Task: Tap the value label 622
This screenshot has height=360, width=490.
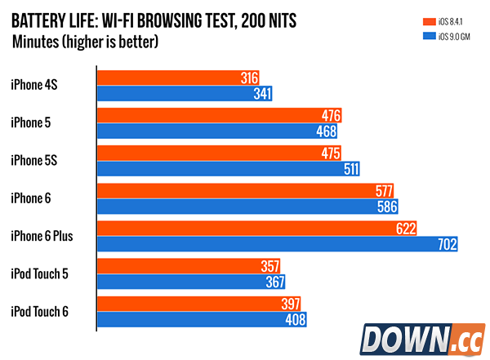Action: point(405,228)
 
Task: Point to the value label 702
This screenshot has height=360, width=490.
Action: point(446,243)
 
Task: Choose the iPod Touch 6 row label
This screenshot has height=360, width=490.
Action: point(39,310)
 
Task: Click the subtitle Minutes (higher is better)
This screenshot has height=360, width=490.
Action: point(85,41)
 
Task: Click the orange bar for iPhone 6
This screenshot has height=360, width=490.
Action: point(237,191)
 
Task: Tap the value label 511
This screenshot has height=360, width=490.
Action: point(349,169)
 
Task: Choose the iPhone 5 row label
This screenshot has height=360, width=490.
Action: point(31,122)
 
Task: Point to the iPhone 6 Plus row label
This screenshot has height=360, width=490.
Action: point(42,235)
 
